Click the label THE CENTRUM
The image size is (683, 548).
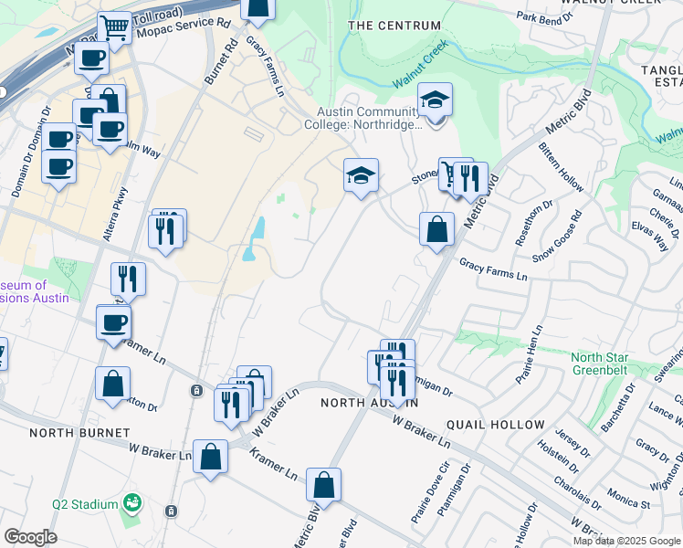pyautogui.click(x=394, y=26)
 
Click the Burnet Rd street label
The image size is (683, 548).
pyautogui.click(x=220, y=63)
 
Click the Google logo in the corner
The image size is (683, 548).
pyautogui.click(x=30, y=537)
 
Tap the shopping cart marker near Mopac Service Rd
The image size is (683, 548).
pyautogui.click(x=115, y=28)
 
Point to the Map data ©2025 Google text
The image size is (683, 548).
pyautogui.click(x=626, y=541)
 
